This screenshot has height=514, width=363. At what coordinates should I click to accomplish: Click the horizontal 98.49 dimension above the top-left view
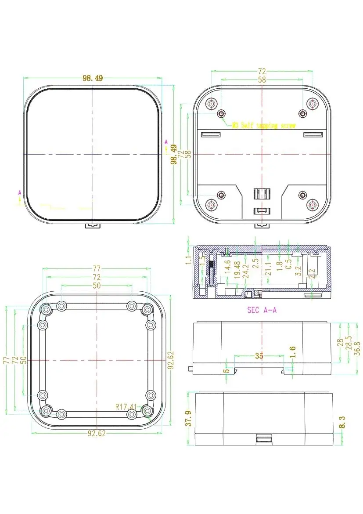tap(93, 78)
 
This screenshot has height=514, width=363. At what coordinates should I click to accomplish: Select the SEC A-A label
tap(262, 310)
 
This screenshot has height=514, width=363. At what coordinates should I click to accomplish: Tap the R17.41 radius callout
tap(126, 407)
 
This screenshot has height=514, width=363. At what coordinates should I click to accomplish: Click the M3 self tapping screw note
tap(263, 126)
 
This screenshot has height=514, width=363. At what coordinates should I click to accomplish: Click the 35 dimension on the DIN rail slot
tap(259, 356)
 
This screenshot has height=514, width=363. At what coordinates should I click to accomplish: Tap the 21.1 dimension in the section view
tap(268, 268)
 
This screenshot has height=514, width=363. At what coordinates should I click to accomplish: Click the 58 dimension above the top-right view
tap(262, 80)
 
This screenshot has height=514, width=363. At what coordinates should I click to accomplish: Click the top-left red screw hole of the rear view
tap(212, 104)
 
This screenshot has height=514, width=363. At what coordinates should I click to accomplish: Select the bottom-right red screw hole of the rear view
tap(313, 204)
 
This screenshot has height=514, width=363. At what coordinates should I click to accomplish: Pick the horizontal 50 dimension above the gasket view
tap(96, 286)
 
